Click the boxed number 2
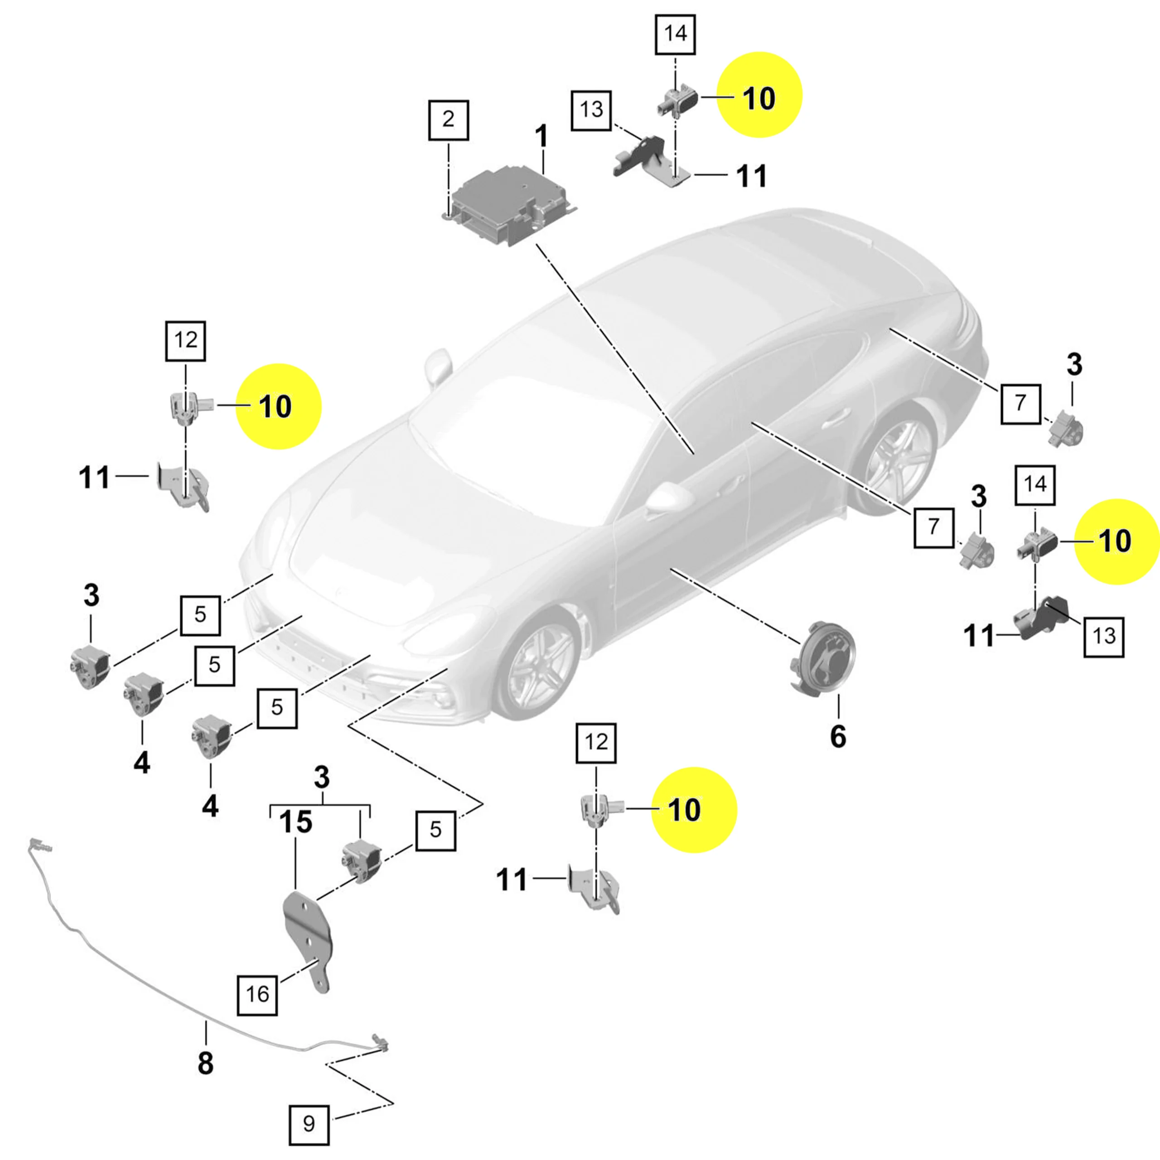pyautogui.click(x=449, y=120)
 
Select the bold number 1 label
pyautogui.click(x=541, y=137)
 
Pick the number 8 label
pyautogui.click(x=205, y=1063)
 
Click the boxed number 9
pyautogui.click(x=309, y=1123)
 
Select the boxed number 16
pyautogui.click(x=257, y=994)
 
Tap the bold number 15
pyautogui.click(x=296, y=822)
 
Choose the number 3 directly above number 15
pyautogui.click(x=322, y=778)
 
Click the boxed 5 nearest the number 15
pyautogui.click(x=435, y=830)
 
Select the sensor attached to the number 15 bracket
pyautogui.click(x=361, y=861)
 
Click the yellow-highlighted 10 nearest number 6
pyautogui.click(x=694, y=810)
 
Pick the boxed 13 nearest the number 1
pyautogui.click(x=591, y=110)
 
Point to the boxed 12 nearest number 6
pyautogui.click(x=595, y=743)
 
